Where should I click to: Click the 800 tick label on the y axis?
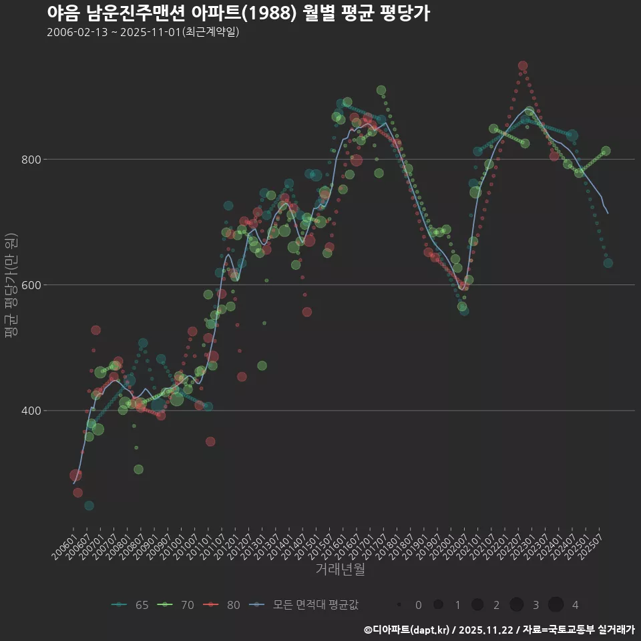(32, 160)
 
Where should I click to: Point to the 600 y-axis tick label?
(32, 285)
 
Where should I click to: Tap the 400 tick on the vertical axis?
(32, 411)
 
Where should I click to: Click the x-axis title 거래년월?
(340, 570)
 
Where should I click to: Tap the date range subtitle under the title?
(143, 32)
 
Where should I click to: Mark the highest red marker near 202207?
(523, 66)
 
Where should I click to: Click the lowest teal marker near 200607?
(89, 505)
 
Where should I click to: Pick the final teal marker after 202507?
(608, 263)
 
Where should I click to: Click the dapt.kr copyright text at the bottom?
(499, 630)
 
